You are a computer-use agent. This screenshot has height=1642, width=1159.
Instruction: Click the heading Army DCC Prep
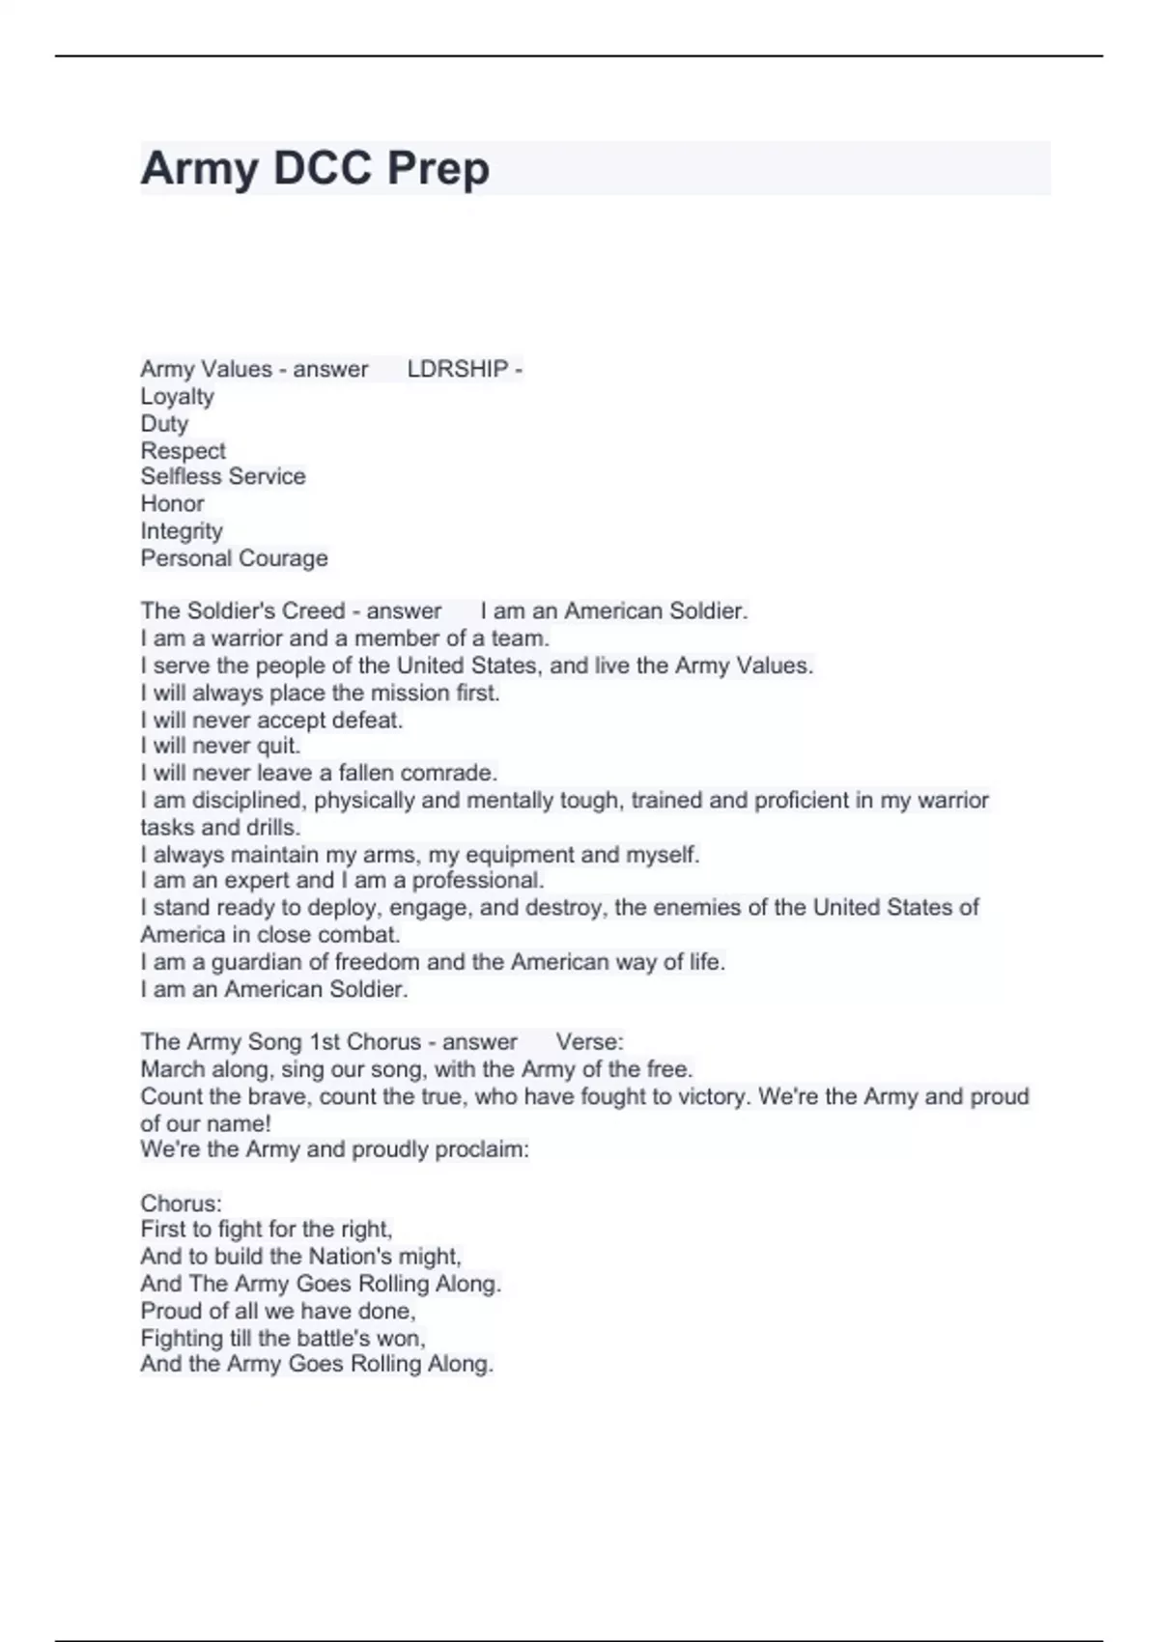pyautogui.click(x=315, y=168)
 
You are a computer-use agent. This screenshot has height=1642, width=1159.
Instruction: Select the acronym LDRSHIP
pyautogui.click(x=457, y=369)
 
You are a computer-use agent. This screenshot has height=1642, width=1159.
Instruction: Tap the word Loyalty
pyautogui.click(x=177, y=396)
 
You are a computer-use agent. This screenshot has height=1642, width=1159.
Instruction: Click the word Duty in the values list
pyautogui.click(x=164, y=423)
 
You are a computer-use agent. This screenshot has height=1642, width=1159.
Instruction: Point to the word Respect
pyautogui.click(x=183, y=450)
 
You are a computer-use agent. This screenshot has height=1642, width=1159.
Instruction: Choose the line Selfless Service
pyautogui.click(x=222, y=476)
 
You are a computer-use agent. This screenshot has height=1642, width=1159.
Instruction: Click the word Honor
pyautogui.click(x=172, y=503)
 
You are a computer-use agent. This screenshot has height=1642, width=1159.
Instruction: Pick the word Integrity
pyautogui.click(x=182, y=530)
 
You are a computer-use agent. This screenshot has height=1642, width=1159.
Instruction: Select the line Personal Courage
pyautogui.click(x=234, y=558)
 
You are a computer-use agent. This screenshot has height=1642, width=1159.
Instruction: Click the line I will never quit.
pyautogui.click(x=220, y=746)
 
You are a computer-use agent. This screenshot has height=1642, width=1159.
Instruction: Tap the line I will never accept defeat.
pyautogui.click(x=271, y=720)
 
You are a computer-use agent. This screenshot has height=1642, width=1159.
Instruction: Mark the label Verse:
pyautogui.click(x=589, y=1042)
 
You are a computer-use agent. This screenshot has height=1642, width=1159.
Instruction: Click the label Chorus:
pyautogui.click(x=181, y=1203)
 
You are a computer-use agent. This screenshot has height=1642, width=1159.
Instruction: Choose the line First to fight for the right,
pyautogui.click(x=267, y=1230)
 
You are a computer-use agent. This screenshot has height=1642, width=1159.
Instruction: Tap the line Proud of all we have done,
pyautogui.click(x=278, y=1311)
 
